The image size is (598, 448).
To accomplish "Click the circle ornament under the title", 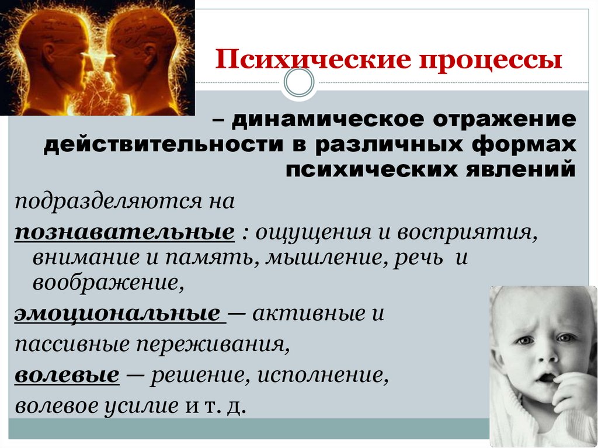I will (300, 83).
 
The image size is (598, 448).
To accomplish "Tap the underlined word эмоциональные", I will (117, 314).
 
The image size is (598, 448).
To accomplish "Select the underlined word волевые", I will (67, 375).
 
